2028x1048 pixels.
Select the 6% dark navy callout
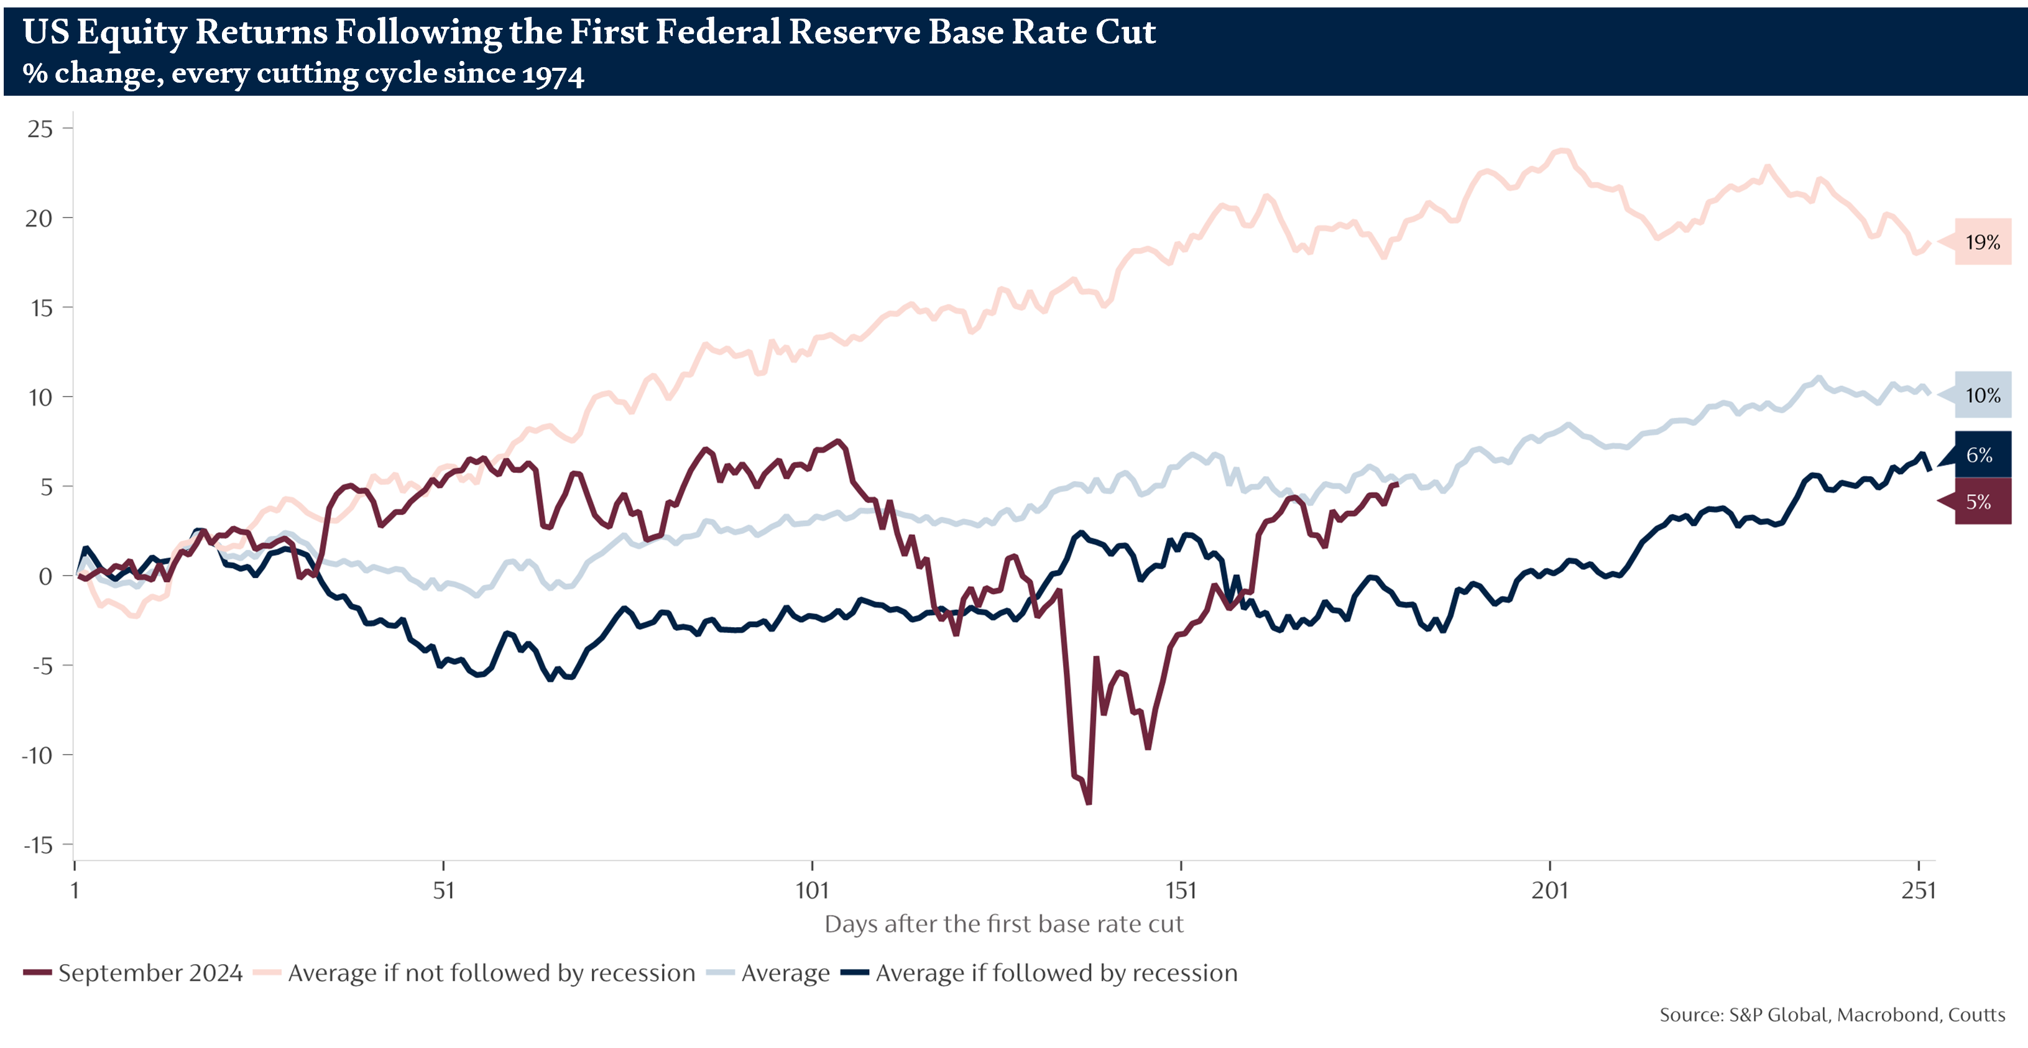(x=1980, y=455)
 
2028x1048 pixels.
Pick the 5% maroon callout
(x=1980, y=502)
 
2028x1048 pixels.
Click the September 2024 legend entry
(x=134, y=973)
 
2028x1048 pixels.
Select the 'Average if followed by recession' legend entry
(x=1039, y=973)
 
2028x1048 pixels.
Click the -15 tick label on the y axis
(x=38, y=845)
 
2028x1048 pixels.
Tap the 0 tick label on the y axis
(x=45, y=576)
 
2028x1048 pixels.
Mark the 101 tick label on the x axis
(x=813, y=891)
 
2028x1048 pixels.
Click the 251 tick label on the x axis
(x=1919, y=891)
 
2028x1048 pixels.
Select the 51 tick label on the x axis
(x=444, y=891)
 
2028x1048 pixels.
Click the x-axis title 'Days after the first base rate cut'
(x=1004, y=924)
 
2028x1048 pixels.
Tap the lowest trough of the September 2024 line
(x=1089, y=803)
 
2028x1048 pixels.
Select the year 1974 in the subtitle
(x=553, y=74)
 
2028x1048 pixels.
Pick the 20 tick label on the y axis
(x=39, y=218)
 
